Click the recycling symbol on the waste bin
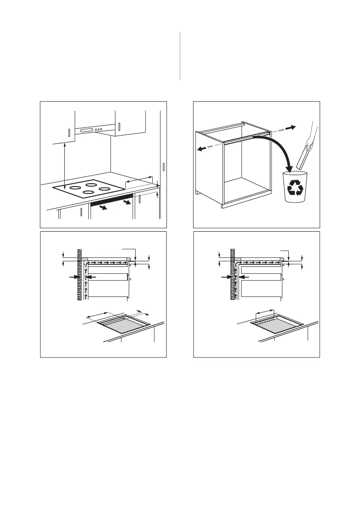click(295, 188)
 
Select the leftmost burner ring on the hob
click(76, 187)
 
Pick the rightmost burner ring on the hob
click(105, 188)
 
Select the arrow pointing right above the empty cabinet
click(291, 127)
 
